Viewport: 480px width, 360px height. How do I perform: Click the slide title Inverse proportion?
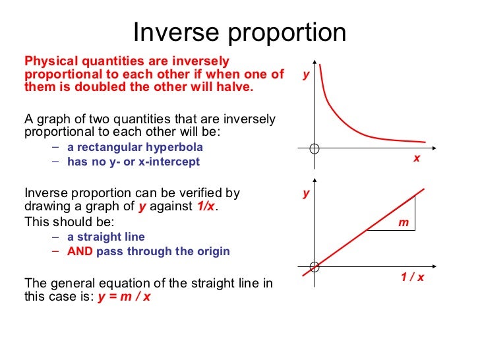(239, 32)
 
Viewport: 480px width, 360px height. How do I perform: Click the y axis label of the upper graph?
(306, 75)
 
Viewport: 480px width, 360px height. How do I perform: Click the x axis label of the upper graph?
(417, 158)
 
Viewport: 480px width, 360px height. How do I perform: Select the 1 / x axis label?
(413, 277)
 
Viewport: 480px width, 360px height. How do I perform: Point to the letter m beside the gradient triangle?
(404, 224)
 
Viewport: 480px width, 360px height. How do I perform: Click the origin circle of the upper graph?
(315, 148)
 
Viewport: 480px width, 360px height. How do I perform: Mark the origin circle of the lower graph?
(315, 266)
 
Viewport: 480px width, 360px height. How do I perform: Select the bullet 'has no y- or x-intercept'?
(133, 161)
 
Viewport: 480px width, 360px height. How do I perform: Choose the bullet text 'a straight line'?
(105, 237)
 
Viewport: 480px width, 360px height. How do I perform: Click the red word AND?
(80, 251)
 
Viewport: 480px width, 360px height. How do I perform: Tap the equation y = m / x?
(124, 296)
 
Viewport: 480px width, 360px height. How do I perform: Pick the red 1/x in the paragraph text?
(206, 206)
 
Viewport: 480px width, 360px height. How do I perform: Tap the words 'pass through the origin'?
(163, 251)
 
